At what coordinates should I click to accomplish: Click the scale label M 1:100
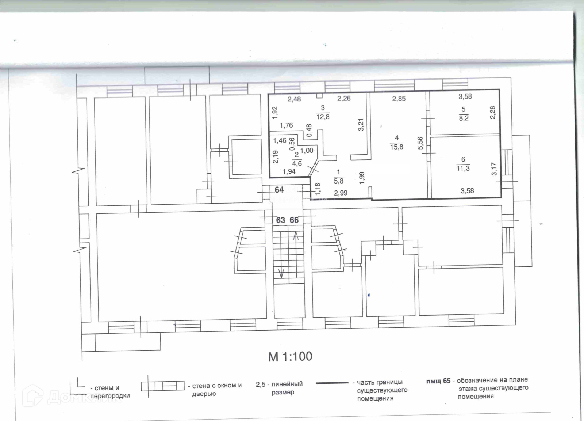[290, 357]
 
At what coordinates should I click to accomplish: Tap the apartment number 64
[279, 190]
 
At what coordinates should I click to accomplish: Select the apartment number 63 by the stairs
[281, 220]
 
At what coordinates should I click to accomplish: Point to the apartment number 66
[294, 220]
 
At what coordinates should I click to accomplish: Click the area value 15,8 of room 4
[396, 147]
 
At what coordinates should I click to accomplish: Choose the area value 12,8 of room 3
[323, 117]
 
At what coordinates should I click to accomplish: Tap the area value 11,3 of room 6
[463, 168]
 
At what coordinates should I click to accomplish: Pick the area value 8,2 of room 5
[464, 118]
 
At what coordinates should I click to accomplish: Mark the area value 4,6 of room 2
[297, 163]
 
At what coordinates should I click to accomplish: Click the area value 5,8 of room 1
[339, 181]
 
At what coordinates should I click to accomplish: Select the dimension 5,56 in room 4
[420, 143]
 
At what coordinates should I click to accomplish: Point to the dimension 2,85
[399, 99]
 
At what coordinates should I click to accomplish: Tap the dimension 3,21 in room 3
[361, 125]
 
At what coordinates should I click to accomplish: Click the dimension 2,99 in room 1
[341, 193]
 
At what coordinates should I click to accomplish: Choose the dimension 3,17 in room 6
[494, 169]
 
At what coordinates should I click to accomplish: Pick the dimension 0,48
[309, 130]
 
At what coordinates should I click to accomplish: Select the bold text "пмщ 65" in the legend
[438, 381]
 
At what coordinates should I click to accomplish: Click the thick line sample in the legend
[332, 383]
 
